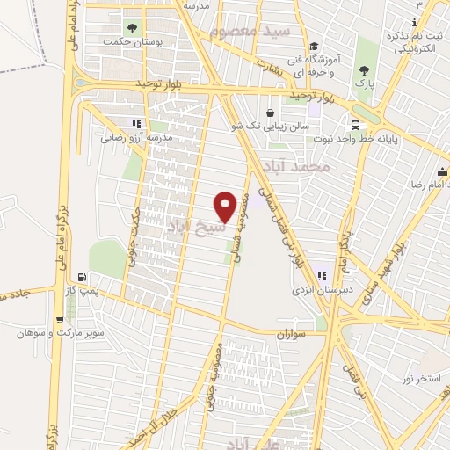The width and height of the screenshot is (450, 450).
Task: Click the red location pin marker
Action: click(x=226, y=206)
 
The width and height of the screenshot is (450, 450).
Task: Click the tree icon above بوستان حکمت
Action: click(x=133, y=28)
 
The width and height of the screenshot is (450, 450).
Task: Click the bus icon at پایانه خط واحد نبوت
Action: click(x=355, y=124)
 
